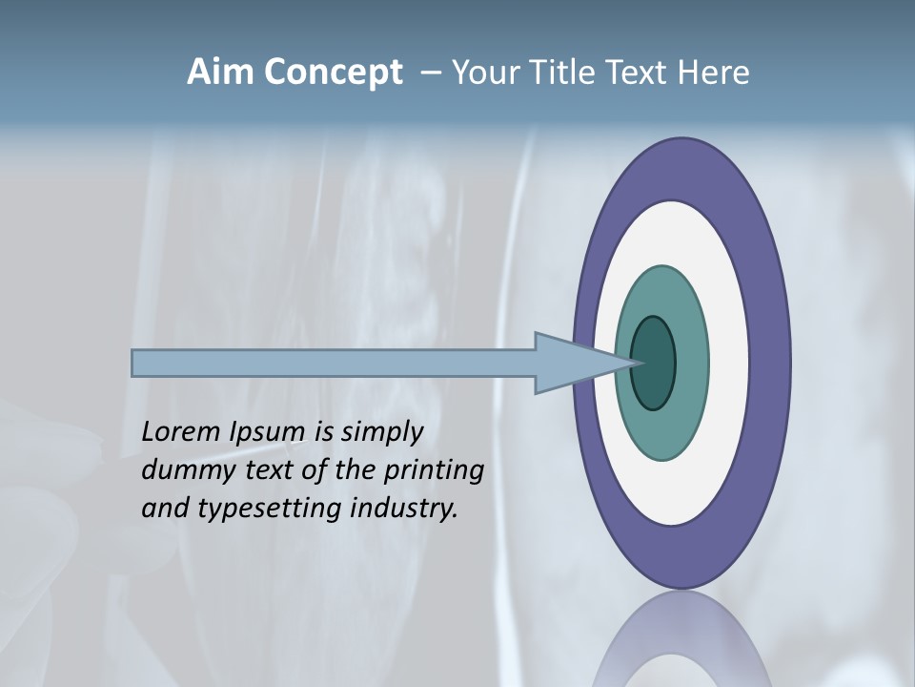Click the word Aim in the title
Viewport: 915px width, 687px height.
click(x=219, y=73)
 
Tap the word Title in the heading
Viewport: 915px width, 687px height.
click(x=557, y=73)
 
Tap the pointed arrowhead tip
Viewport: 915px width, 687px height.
click(x=637, y=363)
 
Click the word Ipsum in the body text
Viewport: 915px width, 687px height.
click(x=269, y=432)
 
